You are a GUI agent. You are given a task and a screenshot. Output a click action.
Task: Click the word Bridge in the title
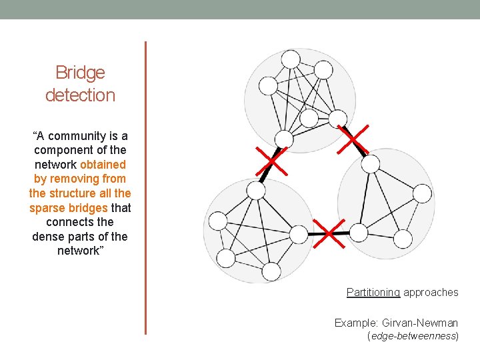(80, 72)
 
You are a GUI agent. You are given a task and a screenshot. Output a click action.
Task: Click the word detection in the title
(80, 95)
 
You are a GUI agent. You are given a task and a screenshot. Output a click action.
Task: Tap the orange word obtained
(103, 164)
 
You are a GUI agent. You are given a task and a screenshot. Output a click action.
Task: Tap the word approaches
(431, 292)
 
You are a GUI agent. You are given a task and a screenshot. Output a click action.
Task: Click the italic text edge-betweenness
(413, 337)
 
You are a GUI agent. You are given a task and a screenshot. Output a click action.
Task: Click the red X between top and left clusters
(269, 161)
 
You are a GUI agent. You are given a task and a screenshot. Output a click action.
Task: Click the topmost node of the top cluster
(290, 59)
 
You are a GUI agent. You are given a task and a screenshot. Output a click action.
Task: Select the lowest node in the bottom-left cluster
(271, 271)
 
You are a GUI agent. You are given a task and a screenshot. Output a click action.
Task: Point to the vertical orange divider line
(145, 187)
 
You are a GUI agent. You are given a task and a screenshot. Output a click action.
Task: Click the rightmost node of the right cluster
(423, 193)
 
